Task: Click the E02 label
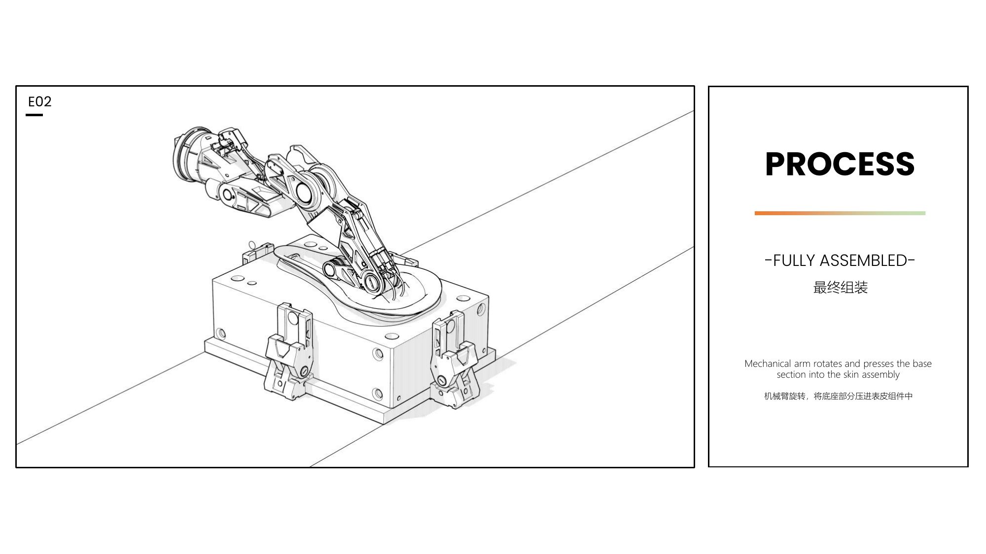pyautogui.click(x=39, y=101)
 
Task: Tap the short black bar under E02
pyautogui.click(x=34, y=115)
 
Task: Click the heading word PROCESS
pyautogui.click(x=840, y=163)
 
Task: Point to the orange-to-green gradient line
pyautogui.click(x=840, y=213)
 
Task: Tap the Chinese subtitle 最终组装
pyautogui.click(x=840, y=288)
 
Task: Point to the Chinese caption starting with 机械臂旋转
pyautogui.click(x=838, y=396)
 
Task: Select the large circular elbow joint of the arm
pyautogui.click(x=307, y=192)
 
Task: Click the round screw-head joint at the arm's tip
pyautogui.click(x=371, y=282)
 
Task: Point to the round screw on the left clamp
pyautogui.click(x=304, y=370)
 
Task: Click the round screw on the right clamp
pyautogui.click(x=441, y=381)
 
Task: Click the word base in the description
pyautogui.click(x=922, y=363)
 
